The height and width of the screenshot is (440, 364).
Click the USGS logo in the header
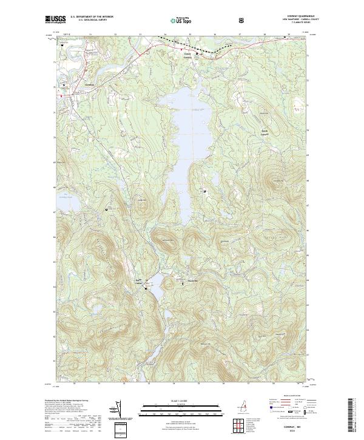pos(56,20)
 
